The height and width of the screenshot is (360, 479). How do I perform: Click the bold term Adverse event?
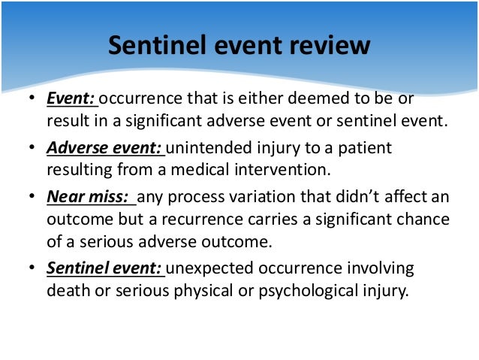(105, 148)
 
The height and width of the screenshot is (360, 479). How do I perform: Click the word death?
(69, 292)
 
